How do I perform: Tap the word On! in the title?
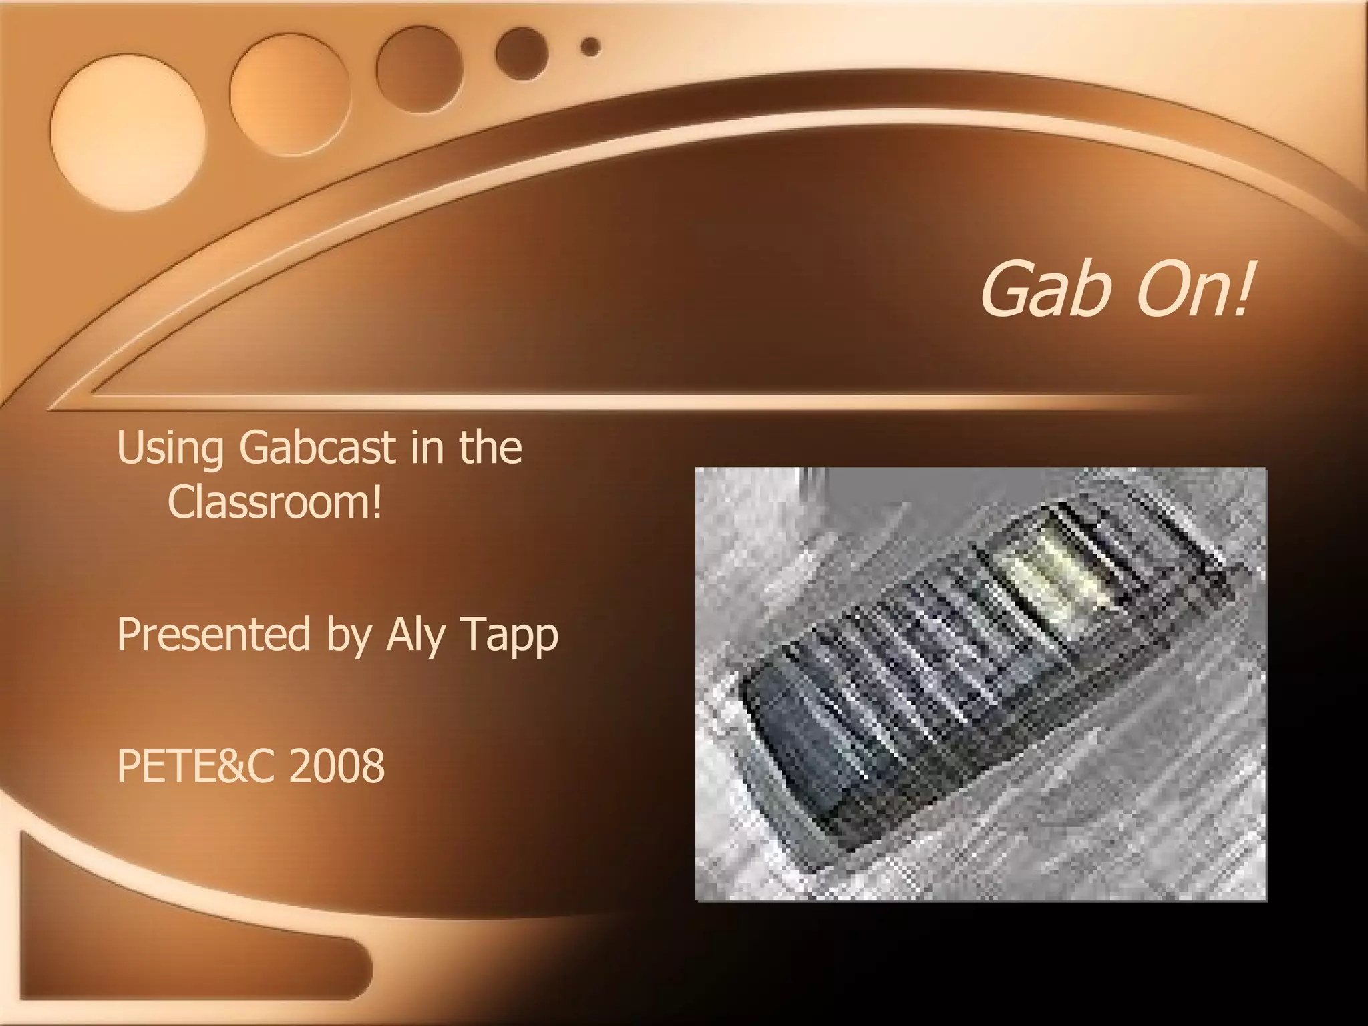(x=1193, y=288)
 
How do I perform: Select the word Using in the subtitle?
(x=170, y=449)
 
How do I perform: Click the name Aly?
(x=415, y=635)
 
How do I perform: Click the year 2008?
(x=337, y=765)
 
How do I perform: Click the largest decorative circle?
(x=128, y=132)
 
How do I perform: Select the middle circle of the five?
(x=419, y=70)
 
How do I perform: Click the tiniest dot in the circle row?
(x=590, y=47)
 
